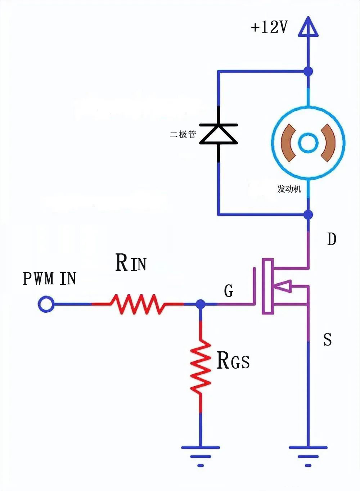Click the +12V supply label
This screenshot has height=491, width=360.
tap(269, 27)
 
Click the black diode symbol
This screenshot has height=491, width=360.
tap(219, 134)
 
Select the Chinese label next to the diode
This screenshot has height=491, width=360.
tap(183, 134)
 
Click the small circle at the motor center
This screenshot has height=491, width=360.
tap(308, 143)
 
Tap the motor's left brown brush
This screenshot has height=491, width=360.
tap(288, 143)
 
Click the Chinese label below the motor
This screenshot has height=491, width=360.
tap(289, 189)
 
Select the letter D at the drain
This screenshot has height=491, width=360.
tap(332, 239)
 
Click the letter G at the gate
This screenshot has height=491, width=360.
tap(229, 290)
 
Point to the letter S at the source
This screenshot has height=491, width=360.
tap(327, 339)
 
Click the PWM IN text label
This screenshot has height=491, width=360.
tap(49, 279)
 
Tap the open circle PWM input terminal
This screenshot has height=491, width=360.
tap(46, 304)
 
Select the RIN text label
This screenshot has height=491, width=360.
tap(131, 262)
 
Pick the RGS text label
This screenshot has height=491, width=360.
tap(233, 361)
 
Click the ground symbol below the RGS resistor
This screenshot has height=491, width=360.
tap(201, 455)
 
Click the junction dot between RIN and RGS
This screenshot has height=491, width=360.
tap(201, 304)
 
